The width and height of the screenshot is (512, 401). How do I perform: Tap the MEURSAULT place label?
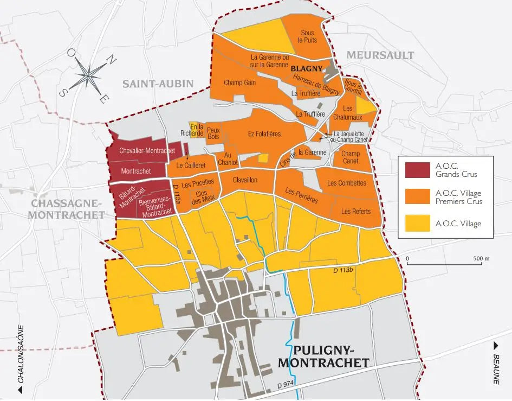(380, 55)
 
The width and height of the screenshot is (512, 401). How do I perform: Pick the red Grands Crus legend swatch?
(417, 170)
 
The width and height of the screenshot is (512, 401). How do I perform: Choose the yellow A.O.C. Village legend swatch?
(417, 224)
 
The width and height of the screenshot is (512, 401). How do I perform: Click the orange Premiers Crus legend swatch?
(417, 196)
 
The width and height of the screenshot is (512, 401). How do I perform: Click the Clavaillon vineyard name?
(245, 180)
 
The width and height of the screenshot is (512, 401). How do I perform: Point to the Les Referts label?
(356, 211)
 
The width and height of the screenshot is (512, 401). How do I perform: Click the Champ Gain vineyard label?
(239, 83)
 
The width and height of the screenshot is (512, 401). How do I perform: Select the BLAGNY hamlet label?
(307, 69)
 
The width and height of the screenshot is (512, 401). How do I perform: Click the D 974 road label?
(286, 385)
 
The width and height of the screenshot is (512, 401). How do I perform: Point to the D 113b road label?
(342, 270)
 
